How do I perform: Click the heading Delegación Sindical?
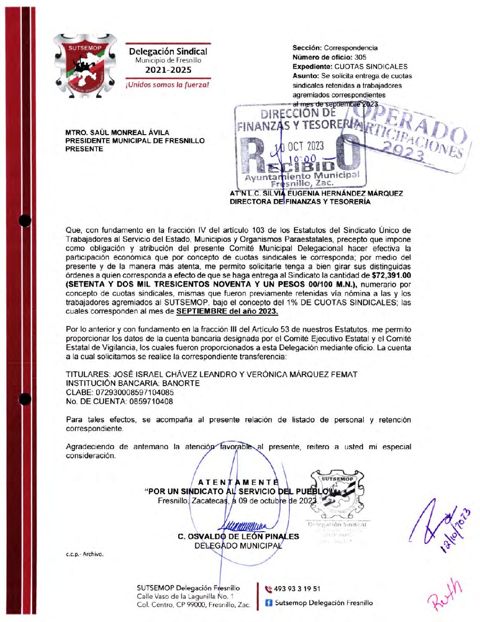click(168, 51)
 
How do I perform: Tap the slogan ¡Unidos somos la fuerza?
click(168, 85)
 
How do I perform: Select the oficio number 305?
click(360, 57)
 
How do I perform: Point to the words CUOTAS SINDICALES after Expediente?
click(371, 67)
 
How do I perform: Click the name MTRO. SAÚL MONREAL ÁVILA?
click(117, 132)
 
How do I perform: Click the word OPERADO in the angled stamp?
click(415, 126)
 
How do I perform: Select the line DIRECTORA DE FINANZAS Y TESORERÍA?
click(300, 202)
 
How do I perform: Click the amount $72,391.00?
click(391, 275)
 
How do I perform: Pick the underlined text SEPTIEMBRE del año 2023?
click(227, 311)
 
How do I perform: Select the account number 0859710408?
click(150, 401)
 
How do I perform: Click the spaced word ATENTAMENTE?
click(238, 482)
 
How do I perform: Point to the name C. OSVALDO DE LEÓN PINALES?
click(238, 536)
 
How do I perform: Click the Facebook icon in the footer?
click(268, 603)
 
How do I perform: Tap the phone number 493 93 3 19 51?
click(297, 589)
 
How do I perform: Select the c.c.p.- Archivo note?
click(85, 554)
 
